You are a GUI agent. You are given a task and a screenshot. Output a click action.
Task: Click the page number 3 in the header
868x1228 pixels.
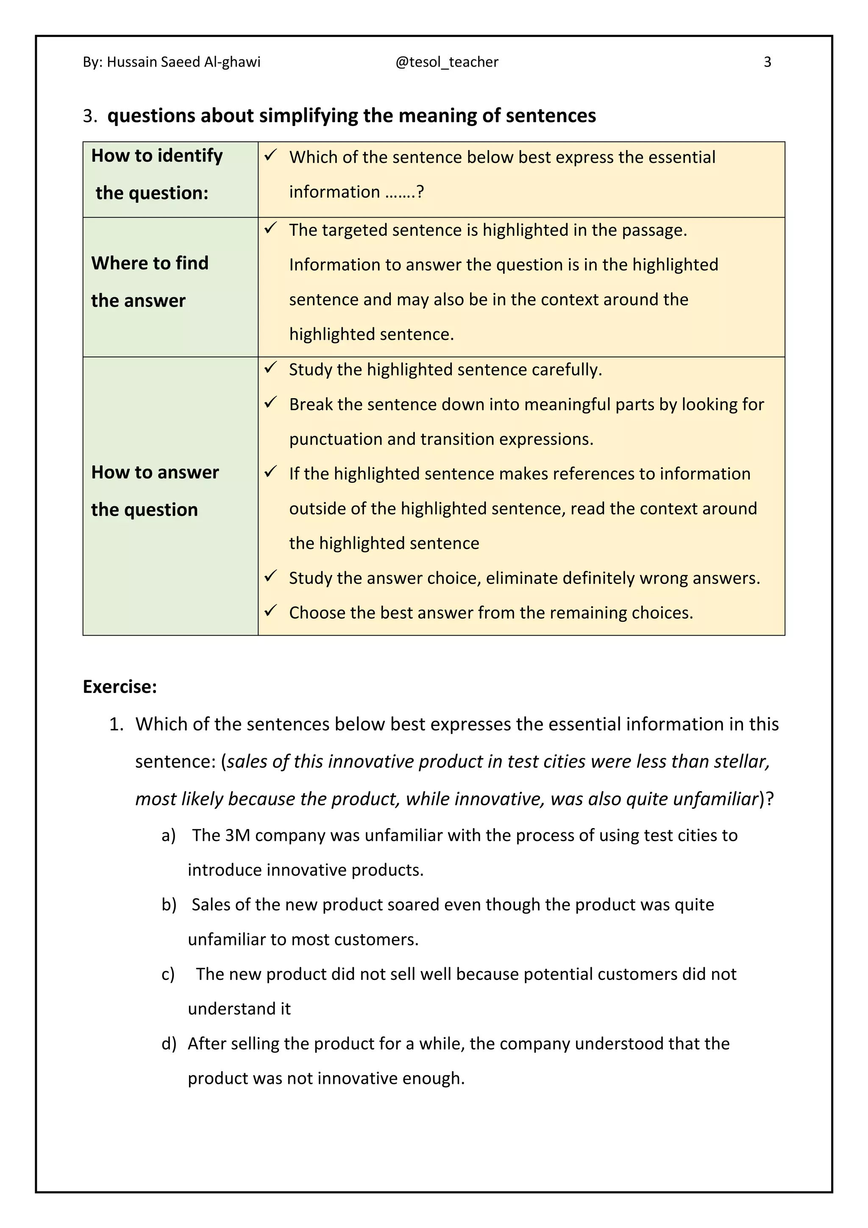[767, 62]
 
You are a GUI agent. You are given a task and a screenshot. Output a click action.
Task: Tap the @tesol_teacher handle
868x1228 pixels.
[447, 62]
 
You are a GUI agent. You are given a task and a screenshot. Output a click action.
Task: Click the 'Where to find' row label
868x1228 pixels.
[150, 263]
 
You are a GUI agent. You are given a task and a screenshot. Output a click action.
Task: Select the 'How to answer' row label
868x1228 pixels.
[155, 472]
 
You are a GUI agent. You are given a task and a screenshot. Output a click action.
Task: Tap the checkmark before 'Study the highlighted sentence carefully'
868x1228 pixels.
[270, 368]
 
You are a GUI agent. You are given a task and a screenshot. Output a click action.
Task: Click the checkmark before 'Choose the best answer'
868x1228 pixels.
[270, 611]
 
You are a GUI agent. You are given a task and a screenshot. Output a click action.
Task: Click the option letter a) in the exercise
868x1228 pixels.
[168, 835]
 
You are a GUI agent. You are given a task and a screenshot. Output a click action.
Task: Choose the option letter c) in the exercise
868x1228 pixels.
[168, 974]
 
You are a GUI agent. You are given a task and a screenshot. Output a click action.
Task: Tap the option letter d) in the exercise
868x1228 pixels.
[168, 1044]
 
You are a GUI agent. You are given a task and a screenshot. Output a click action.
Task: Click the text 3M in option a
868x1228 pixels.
[237, 835]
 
